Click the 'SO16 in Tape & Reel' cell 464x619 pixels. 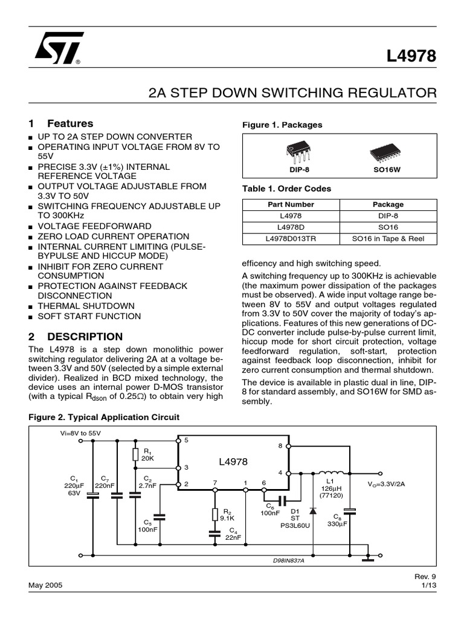click(x=388, y=239)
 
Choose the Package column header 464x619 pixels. click(x=388, y=204)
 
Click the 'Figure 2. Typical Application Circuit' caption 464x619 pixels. click(x=104, y=417)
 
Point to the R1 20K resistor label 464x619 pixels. click(x=148, y=455)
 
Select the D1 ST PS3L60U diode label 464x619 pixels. click(x=295, y=518)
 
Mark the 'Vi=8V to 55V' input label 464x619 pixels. click(x=80, y=433)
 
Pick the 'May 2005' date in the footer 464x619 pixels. click(x=45, y=586)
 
